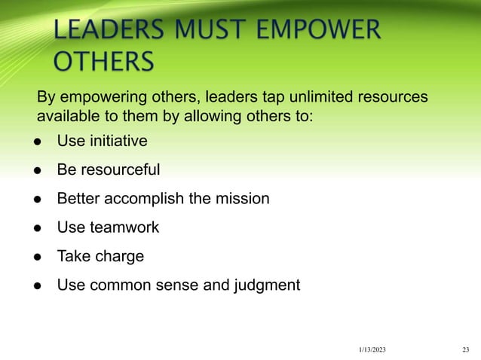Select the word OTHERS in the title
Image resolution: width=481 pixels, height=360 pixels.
(103, 60)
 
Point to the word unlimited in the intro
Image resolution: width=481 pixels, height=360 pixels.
(302, 98)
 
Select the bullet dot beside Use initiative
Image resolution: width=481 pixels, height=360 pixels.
(35, 141)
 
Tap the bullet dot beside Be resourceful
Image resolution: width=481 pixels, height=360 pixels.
(35, 169)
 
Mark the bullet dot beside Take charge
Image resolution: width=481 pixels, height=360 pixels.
(35, 256)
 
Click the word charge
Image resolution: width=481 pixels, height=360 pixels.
(118, 256)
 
